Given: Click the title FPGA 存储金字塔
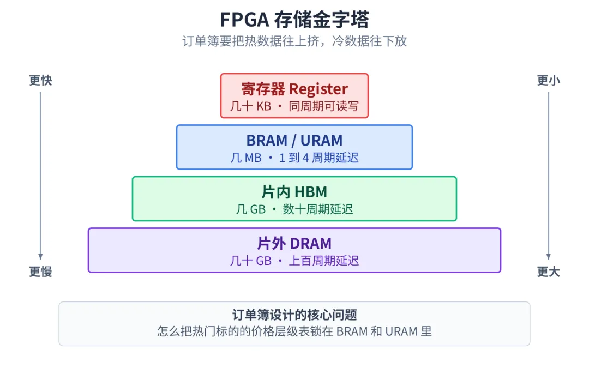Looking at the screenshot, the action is pos(294,20).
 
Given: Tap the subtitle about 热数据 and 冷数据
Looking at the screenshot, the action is pos(294,41).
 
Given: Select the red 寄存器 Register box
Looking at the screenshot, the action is pos(294,96).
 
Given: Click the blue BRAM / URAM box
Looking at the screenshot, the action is pos(294,147).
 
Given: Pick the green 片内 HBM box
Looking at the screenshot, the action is pos(294,198).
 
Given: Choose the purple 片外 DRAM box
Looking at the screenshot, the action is pos(294,250).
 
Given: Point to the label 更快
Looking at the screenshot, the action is pos(40,80).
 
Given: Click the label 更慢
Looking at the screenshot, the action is pos(40,272).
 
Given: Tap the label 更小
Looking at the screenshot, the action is pos(549,80).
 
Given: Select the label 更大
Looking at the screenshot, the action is pos(549,272).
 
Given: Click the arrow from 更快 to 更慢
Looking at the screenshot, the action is pos(40,176).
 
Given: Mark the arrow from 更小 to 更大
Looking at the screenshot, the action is pos(549,176).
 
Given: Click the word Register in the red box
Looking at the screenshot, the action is pos(318,89).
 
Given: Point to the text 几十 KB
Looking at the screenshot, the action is pos(250,106).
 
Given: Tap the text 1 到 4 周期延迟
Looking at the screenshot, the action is pos(319,158).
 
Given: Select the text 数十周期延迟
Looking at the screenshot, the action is pos(318,209).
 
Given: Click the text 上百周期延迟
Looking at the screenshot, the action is pos(324,261).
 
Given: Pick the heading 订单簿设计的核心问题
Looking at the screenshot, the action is pos(294,315).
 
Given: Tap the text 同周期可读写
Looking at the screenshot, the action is pos(324,106).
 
